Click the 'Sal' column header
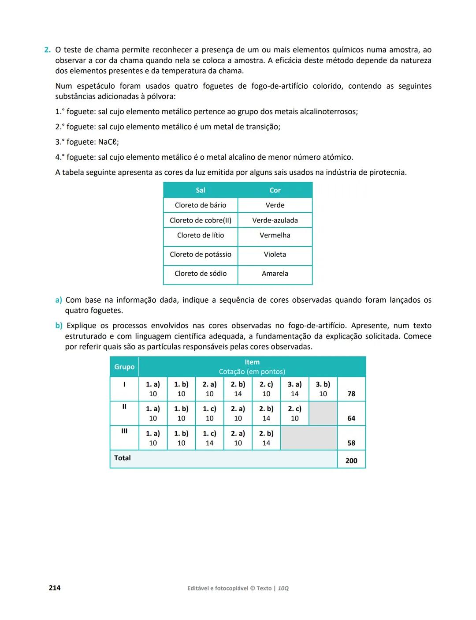coord(200,190)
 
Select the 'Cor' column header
coord(275,190)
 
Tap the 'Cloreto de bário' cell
coord(200,205)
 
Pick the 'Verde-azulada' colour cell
coord(275,220)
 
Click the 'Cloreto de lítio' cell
coord(200,235)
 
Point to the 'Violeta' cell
coord(275,254)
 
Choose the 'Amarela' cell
coord(275,274)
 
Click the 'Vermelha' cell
coord(275,235)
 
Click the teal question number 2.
coord(47,50)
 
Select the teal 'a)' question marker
coord(58,300)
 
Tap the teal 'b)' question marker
coord(59,326)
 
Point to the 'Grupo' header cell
coord(124,367)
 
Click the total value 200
coord(351,461)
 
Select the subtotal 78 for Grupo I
coord(351,394)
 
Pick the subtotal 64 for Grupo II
coord(351,418)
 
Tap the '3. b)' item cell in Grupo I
coord(323,389)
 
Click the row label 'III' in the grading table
coord(124,431)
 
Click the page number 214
coord(55,588)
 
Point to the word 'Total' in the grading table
coord(123,458)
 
